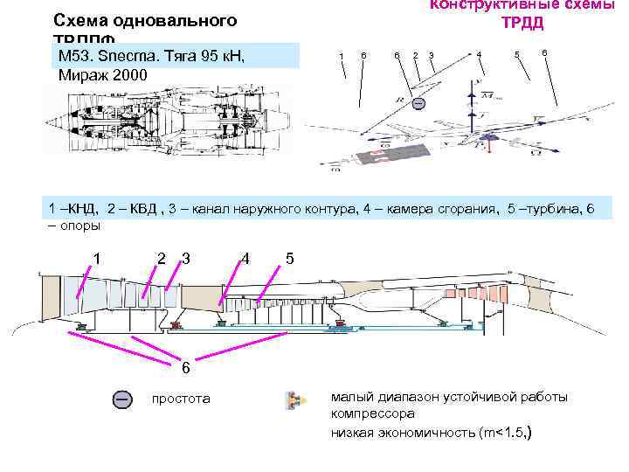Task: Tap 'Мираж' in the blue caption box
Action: [83, 74]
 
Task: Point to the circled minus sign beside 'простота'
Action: [123, 399]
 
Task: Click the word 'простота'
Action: [181, 399]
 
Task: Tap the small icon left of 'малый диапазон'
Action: [294, 400]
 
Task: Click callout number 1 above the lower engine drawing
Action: [98, 258]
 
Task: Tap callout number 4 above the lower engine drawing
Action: [246, 258]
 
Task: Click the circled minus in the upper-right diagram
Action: [418, 104]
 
